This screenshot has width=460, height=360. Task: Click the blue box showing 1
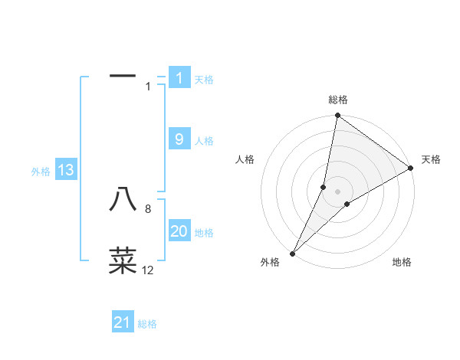click(179, 78)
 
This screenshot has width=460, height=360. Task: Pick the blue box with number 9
click(179, 139)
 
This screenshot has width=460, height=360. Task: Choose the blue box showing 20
click(179, 231)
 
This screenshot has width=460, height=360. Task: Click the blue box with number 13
click(66, 171)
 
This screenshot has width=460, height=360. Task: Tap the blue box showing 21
click(123, 323)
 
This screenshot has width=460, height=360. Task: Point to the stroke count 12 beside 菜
click(148, 270)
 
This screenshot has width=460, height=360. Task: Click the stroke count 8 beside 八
click(148, 209)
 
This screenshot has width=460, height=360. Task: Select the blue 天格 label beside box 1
click(204, 80)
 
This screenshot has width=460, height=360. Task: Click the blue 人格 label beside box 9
click(204, 141)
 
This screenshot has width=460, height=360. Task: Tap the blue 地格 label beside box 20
click(204, 233)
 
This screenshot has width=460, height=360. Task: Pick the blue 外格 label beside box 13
click(41, 172)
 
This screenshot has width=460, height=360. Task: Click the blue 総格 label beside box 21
click(147, 325)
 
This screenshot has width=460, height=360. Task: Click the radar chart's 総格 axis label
click(338, 100)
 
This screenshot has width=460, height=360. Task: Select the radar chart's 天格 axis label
click(431, 159)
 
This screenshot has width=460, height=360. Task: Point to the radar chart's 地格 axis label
click(402, 263)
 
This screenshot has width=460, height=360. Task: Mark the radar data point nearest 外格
click(292, 253)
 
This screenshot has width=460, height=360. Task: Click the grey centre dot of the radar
click(338, 191)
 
